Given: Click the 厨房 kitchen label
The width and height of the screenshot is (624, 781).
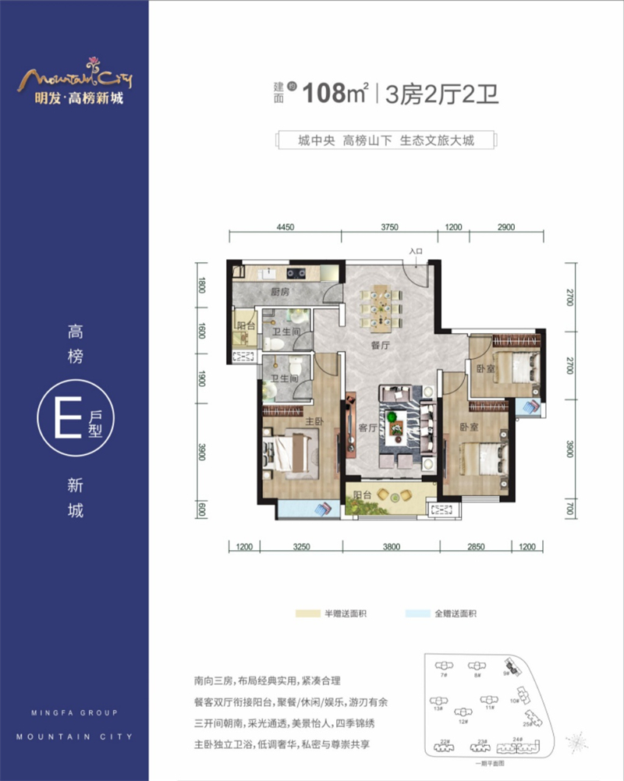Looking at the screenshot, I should click(x=280, y=293).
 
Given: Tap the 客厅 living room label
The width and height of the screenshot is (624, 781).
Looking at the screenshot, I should click(x=367, y=428).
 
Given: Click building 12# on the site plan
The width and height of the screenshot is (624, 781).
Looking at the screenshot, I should click(x=463, y=715).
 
